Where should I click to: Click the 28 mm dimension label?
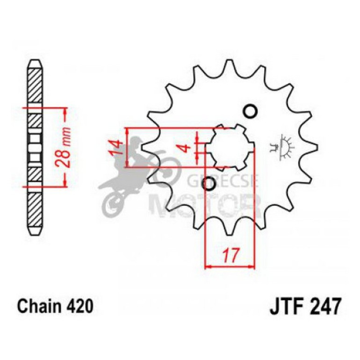[x=66, y=147]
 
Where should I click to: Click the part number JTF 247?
[x=306, y=307]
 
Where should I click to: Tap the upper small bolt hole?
[x=251, y=111]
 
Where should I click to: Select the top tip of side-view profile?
[x=36, y=62]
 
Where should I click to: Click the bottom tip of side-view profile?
[x=36, y=233]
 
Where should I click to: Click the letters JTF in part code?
[x=285, y=307]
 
